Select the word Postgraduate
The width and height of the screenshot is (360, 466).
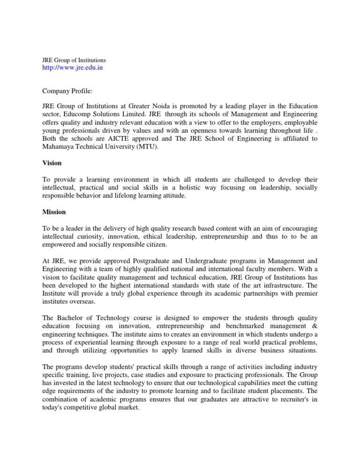(133, 261)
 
